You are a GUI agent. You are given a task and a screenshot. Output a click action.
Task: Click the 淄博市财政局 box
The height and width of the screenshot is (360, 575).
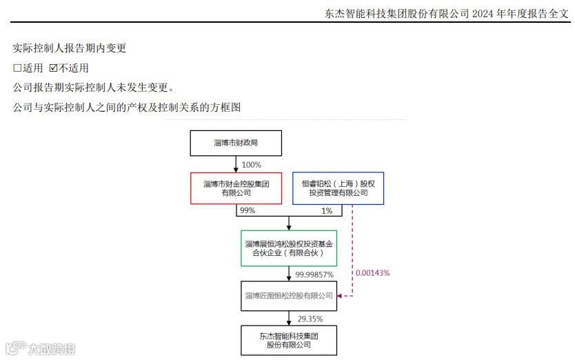pyautogui.click(x=236, y=143)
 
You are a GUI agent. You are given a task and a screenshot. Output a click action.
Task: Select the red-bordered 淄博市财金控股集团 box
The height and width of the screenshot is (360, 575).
pyautogui.click(x=236, y=188)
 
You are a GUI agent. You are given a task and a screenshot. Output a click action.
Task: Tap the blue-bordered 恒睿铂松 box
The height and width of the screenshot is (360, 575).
pyautogui.click(x=338, y=188)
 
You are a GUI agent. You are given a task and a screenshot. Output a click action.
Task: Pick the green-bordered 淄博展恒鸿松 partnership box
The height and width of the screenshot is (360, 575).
pyautogui.click(x=289, y=248)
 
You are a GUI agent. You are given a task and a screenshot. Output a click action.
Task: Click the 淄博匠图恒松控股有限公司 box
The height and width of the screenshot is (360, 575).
pyautogui.click(x=289, y=295)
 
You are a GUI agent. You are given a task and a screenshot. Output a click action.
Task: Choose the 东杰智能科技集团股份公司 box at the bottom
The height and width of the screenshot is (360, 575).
pyautogui.click(x=289, y=340)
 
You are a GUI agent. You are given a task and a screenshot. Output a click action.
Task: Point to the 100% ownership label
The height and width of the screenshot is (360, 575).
pyautogui.click(x=252, y=165)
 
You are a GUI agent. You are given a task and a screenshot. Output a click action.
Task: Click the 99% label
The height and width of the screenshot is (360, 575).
pyautogui.click(x=247, y=210)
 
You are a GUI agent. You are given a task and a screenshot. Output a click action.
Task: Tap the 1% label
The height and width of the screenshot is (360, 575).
pyautogui.click(x=327, y=210)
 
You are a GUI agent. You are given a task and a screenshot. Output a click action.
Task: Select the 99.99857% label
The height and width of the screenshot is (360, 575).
pyautogui.click(x=314, y=274)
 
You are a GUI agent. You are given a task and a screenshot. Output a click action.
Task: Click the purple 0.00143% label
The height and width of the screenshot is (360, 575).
pyautogui.click(x=372, y=272)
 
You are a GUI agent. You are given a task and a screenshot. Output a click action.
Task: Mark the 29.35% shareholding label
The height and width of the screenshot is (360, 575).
pyautogui.click(x=310, y=319)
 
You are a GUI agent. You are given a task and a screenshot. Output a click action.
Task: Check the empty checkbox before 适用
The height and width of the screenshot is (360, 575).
pyautogui.click(x=17, y=68)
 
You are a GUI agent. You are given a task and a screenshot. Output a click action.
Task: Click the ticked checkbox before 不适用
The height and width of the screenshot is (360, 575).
pyautogui.click(x=53, y=68)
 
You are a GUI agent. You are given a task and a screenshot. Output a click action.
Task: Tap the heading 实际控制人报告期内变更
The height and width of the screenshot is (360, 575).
pyautogui.click(x=69, y=48)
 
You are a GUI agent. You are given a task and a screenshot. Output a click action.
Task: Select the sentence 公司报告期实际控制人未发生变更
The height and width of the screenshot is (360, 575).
pyautogui.click(x=93, y=88)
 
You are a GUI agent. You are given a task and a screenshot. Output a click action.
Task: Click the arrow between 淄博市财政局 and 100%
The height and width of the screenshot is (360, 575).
pyautogui.click(x=236, y=164)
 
